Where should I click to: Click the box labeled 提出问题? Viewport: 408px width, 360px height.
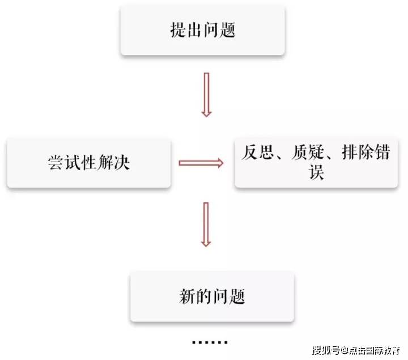202,30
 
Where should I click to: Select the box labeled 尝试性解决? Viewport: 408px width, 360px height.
88,163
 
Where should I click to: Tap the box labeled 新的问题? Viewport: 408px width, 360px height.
212,296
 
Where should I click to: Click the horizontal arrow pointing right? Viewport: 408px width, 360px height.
201,163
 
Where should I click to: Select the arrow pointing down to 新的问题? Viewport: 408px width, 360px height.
206,225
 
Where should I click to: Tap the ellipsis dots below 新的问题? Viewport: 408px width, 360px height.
210,342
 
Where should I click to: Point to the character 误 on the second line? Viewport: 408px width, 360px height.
317,172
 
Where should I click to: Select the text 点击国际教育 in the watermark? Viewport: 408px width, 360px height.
373,348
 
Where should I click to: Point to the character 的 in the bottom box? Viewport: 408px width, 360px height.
203,297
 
